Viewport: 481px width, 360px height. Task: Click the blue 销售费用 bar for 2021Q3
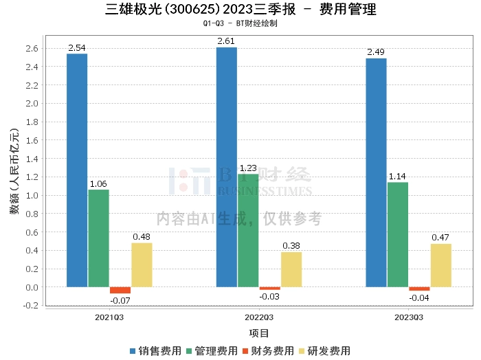[77, 170]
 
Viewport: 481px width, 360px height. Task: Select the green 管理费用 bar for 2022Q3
[248, 230]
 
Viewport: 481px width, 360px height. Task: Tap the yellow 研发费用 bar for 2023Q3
[441, 265]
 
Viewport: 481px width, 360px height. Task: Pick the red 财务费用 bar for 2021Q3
[120, 290]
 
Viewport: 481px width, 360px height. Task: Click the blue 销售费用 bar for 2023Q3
[376, 172]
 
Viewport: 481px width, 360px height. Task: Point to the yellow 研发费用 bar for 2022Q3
[291, 269]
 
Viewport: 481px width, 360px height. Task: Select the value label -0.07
[120, 300]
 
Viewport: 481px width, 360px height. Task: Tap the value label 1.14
[398, 177]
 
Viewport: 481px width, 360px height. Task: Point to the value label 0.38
[291, 247]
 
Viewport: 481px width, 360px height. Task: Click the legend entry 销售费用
[156, 351]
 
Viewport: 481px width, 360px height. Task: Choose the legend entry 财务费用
[268, 351]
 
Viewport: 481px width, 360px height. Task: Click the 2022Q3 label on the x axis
[259, 317]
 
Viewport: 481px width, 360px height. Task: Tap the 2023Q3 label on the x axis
[408, 317]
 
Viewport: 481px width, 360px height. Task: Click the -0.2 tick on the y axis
[31, 306]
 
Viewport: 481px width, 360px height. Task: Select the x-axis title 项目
[259, 333]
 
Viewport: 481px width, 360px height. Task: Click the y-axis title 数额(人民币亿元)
[14, 171]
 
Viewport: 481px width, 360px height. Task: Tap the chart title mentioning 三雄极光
[240, 10]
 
